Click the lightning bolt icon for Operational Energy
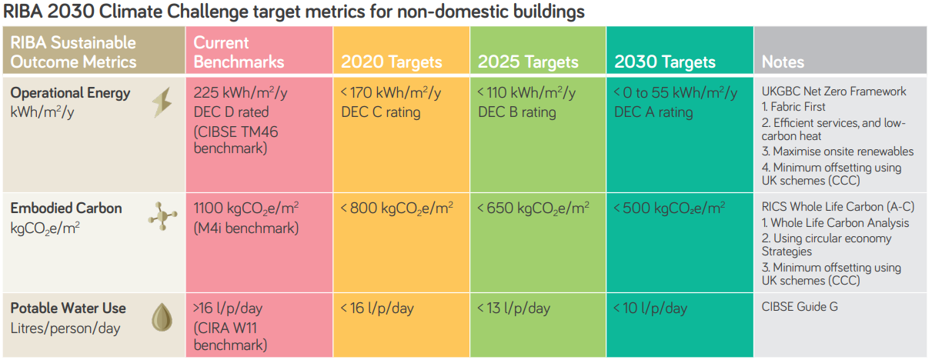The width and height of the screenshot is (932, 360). [162, 102]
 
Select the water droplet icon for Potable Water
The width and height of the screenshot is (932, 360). [161, 316]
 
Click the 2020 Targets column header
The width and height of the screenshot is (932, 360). [391, 62]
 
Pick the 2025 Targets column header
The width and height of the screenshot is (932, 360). [528, 62]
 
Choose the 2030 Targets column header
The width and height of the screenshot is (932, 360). [665, 62]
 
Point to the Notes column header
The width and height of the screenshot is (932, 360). [783, 62]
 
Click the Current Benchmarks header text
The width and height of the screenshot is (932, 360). [239, 52]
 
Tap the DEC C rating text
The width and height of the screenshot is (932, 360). [381, 112]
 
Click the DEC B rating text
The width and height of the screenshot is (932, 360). [516, 112]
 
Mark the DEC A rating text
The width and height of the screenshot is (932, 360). [653, 112]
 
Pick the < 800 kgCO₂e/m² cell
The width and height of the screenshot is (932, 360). [396, 208]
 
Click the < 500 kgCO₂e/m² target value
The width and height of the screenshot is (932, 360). [669, 208]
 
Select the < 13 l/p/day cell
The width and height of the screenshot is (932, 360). [513, 308]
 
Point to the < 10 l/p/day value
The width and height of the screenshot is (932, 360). [650, 308]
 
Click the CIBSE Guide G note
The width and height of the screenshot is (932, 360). [800, 306]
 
